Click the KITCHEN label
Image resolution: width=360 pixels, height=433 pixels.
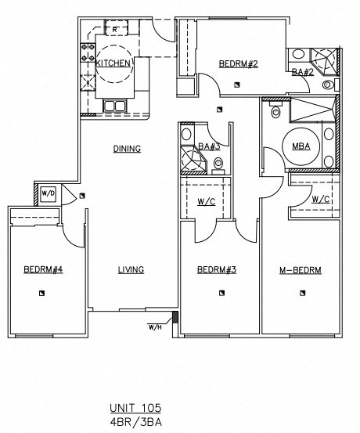(x=113, y=63)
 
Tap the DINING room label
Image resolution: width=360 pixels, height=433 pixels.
(x=126, y=148)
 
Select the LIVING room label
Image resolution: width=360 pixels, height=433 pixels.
(x=131, y=270)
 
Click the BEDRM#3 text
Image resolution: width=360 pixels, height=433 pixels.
(x=217, y=270)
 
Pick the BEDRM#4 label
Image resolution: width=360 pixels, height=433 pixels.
(x=43, y=270)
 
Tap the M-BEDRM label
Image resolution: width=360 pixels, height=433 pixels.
(x=301, y=270)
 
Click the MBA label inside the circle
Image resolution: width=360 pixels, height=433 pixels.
(x=299, y=146)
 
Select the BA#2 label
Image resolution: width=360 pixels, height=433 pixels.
(x=303, y=72)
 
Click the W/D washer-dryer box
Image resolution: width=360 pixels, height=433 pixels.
(x=48, y=192)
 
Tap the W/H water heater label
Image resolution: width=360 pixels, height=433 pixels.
(x=155, y=327)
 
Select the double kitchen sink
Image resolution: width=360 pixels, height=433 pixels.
(x=115, y=106)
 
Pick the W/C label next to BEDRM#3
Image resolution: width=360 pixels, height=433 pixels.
(x=207, y=202)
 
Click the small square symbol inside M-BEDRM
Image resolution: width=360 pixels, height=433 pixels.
(x=301, y=294)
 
